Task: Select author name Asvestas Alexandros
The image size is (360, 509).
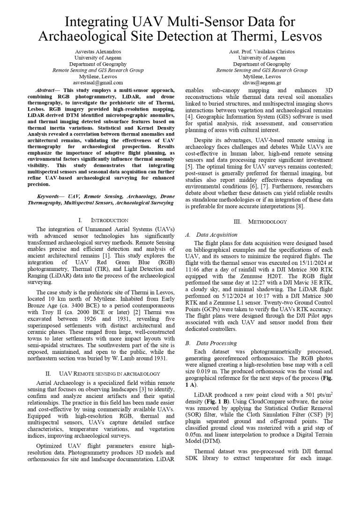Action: point(98,52)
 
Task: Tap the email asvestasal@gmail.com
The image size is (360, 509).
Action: point(98,82)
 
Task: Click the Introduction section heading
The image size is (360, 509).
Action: point(103,220)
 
